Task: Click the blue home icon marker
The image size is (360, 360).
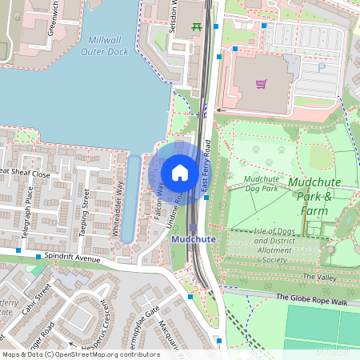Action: [180, 172]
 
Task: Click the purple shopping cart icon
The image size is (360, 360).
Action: [261, 83]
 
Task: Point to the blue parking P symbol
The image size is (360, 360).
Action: [322, 69]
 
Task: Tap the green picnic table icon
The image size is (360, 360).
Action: [196, 26]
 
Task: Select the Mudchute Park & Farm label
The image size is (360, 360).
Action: [314, 196]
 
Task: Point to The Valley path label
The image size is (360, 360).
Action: [320, 276]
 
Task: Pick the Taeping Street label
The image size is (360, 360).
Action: [83, 210]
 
